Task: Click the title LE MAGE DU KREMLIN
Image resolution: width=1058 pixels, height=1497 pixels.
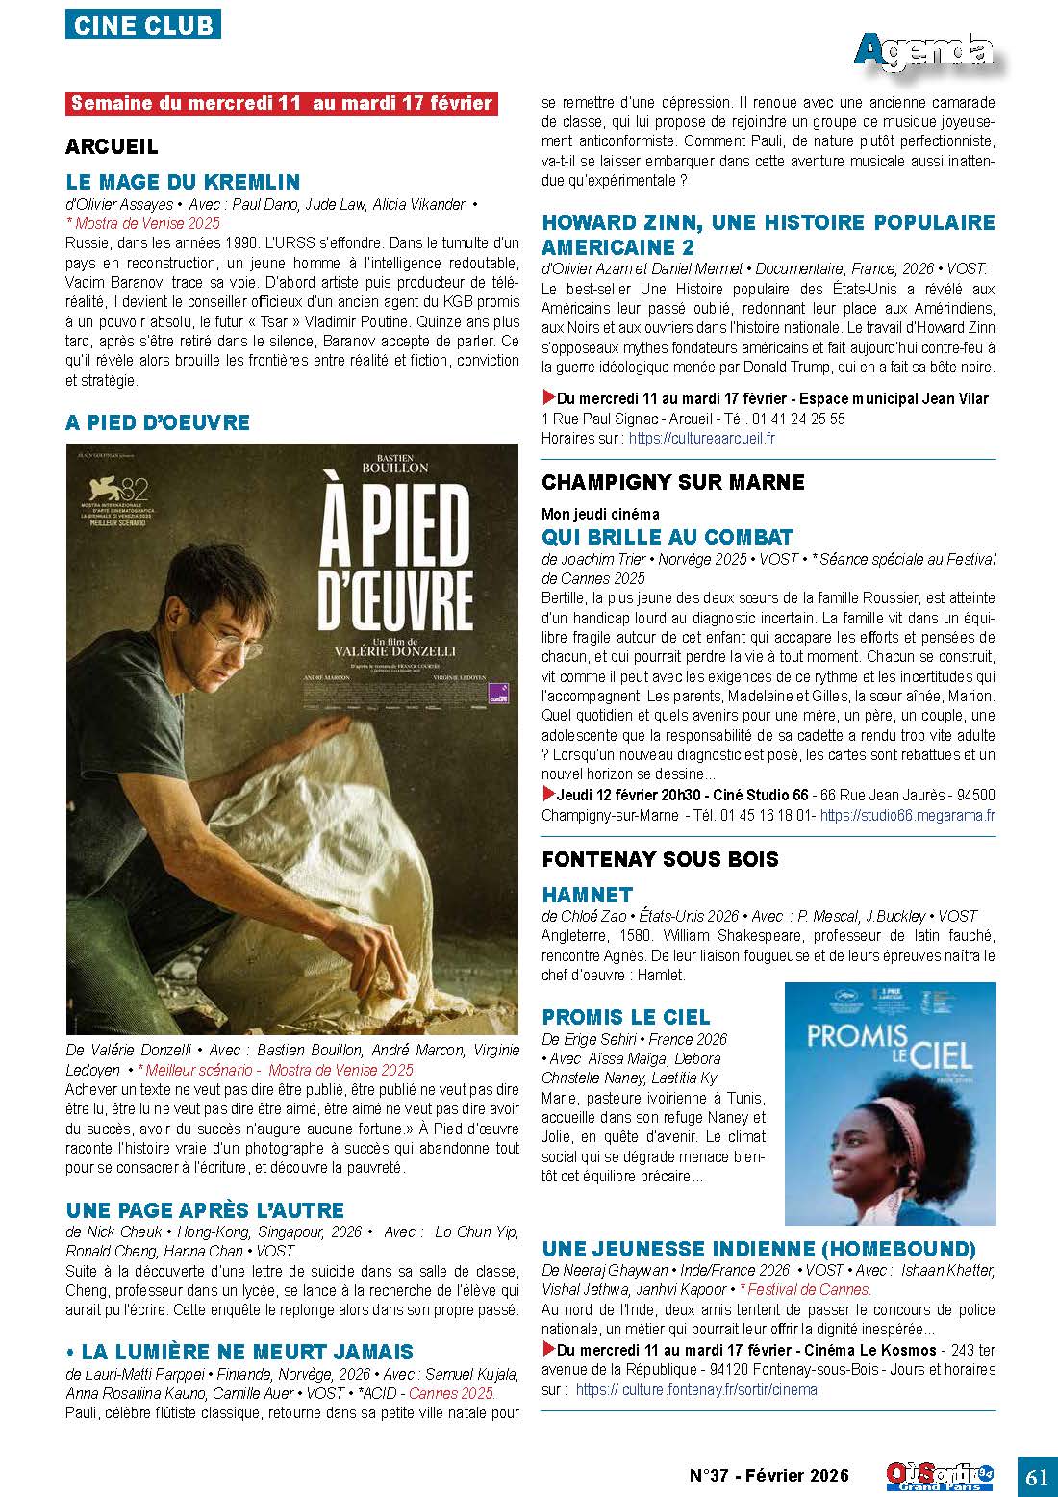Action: [x=183, y=182]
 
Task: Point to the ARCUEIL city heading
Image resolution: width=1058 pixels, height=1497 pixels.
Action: [x=112, y=147]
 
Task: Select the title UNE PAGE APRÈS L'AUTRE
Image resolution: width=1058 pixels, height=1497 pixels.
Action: [x=205, y=1209]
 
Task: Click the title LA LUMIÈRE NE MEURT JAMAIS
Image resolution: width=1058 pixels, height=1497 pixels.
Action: [x=240, y=1352]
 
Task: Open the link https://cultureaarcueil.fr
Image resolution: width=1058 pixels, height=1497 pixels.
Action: [x=701, y=438]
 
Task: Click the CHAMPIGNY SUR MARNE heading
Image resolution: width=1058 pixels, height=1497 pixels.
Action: [x=673, y=481]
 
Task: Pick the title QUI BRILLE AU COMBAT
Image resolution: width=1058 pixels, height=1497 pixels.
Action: [x=668, y=536]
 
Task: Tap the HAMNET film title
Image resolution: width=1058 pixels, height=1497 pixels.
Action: [x=587, y=894]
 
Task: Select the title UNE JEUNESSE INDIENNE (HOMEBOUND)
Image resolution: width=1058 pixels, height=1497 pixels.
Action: [x=759, y=1249]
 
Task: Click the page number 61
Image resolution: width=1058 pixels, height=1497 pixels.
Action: [x=1036, y=1478]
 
